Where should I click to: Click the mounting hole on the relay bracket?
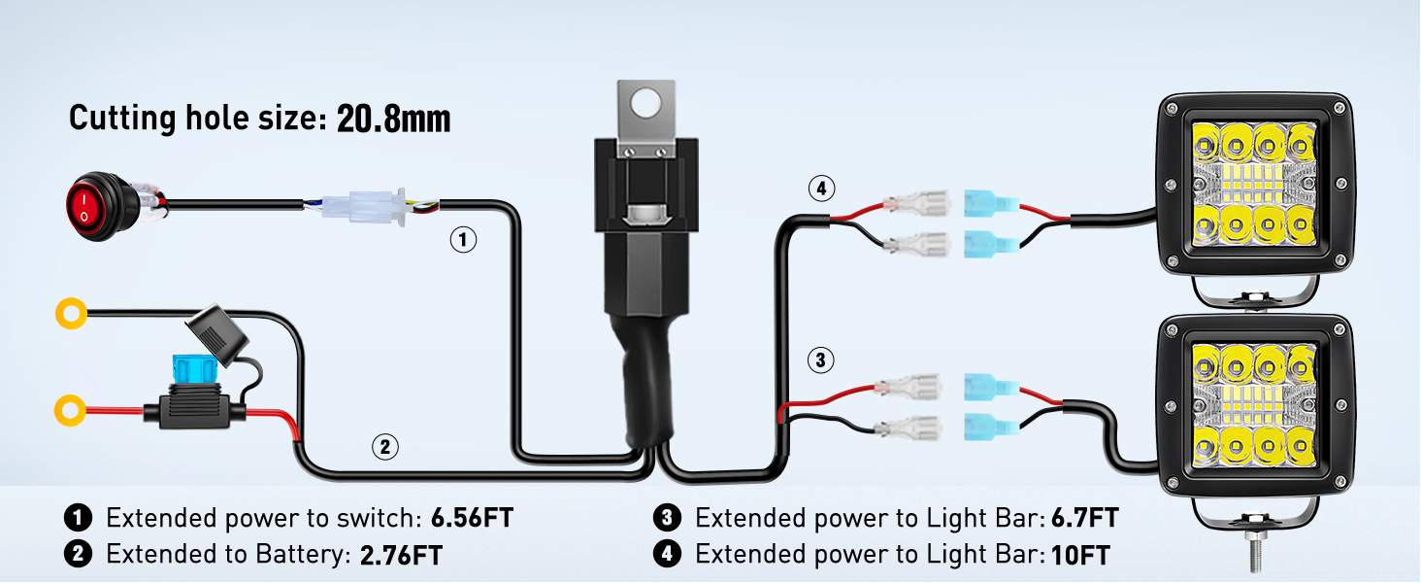[x=647, y=100]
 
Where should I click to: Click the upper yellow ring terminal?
[x=71, y=313]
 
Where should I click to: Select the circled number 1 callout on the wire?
[x=463, y=239]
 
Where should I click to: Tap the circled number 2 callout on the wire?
[x=385, y=447]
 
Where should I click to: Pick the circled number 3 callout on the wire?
[x=820, y=361]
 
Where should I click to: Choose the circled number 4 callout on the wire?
[x=820, y=189]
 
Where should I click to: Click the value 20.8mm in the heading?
[x=393, y=120]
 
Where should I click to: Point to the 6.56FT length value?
[x=471, y=518]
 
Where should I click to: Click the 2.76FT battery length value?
[x=401, y=555]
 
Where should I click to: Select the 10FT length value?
[x=1081, y=555]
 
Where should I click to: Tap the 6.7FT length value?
[x=1084, y=518]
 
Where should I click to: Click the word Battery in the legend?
[x=299, y=555]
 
